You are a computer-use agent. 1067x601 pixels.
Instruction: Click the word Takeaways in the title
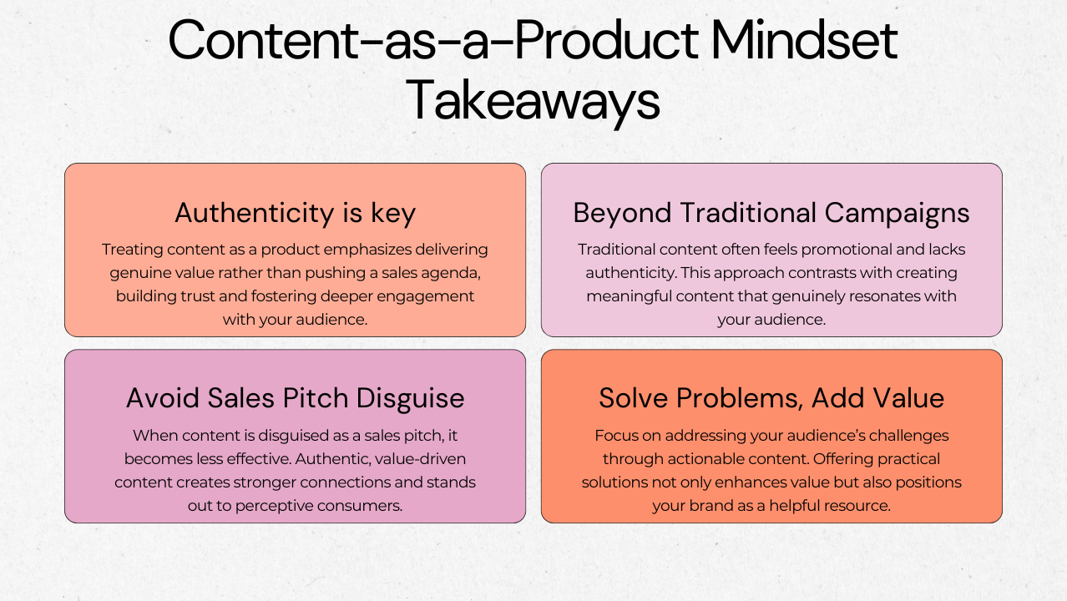pyautogui.click(x=533, y=101)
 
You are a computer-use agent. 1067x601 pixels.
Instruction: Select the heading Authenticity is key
pyautogui.click(x=295, y=214)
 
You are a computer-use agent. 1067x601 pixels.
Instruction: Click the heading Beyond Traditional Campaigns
pyautogui.click(x=771, y=214)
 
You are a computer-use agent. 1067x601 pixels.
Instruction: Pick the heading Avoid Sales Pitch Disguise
pyautogui.click(x=295, y=398)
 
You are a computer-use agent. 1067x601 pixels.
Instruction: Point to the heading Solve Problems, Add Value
pyautogui.click(x=771, y=398)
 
